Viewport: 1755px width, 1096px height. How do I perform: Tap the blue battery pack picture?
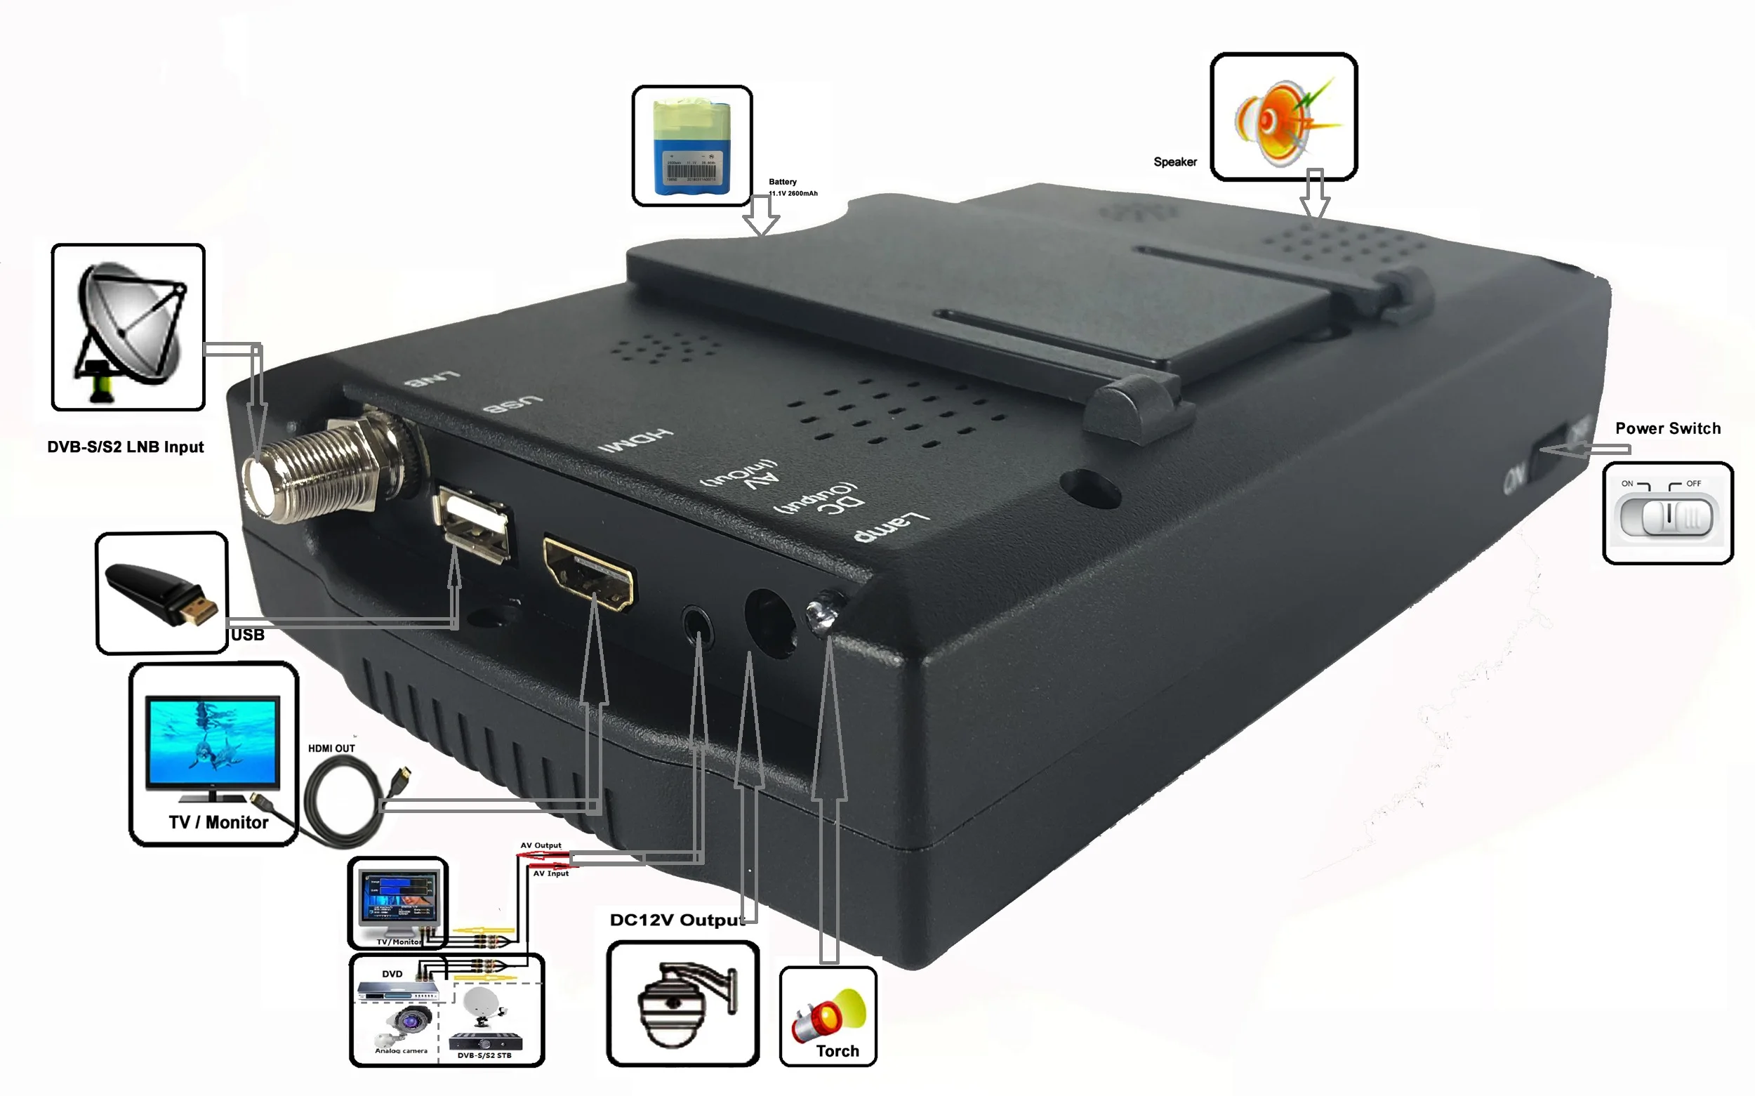(x=692, y=147)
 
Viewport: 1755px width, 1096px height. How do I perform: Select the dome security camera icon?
(x=681, y=1004)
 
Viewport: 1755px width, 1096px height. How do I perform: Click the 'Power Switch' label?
(x=1667, y=428)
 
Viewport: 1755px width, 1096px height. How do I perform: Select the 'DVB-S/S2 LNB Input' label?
(x=126, y=447)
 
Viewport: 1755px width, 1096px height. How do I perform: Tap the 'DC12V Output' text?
(x=677, y=920)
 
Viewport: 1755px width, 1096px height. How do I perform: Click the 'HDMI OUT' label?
(x=331, y=748)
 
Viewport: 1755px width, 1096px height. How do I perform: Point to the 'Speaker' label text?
(x=1174, y=162)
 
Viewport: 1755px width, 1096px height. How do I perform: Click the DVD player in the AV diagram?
(x=397, y=989)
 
